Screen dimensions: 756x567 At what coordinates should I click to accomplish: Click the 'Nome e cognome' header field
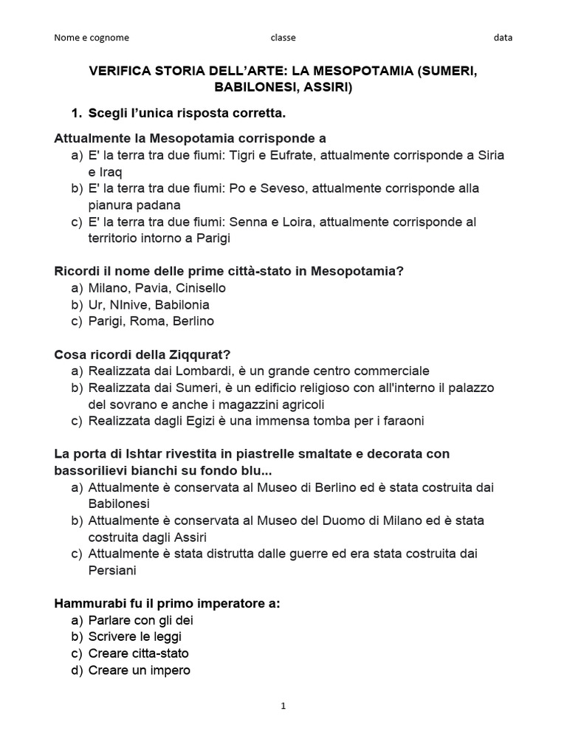click(91, 38)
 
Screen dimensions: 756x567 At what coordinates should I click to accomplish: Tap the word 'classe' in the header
click(283, 38)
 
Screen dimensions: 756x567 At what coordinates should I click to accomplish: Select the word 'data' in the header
click(504, 38)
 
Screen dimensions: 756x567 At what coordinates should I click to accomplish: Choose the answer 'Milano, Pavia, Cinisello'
click(157, 288)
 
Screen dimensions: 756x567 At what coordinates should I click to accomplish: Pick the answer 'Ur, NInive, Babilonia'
click(148, 304)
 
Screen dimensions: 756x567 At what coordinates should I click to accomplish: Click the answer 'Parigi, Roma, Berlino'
click(151, 321)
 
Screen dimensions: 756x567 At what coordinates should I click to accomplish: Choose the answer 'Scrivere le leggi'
click(134, 636)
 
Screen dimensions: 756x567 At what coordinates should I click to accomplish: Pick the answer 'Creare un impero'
click(139, 670)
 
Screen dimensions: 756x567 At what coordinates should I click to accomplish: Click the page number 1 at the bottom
click(283, 706)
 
